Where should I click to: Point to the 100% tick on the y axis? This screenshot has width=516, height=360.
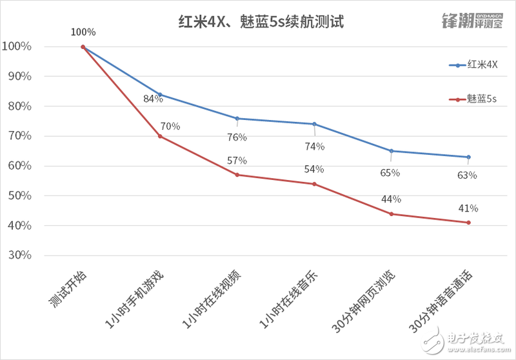[17, 46]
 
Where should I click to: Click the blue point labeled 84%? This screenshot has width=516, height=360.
[160, 94]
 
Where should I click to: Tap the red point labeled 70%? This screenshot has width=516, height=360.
[160, 136]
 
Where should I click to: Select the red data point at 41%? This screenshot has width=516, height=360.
[468, 223]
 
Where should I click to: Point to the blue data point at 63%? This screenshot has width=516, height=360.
[468, 157]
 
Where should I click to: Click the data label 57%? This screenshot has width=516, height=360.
[237, 160]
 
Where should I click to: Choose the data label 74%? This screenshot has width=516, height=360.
[314, 146]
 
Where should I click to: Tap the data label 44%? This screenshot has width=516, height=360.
[391, 199]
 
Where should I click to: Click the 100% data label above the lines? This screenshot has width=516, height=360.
[83, 32]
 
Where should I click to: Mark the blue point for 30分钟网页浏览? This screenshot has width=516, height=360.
[392, 151]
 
